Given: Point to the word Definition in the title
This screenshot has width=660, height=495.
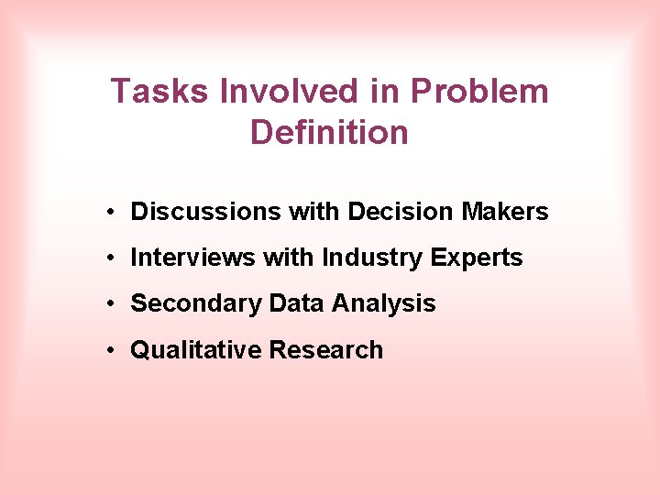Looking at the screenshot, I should tap(329, 132).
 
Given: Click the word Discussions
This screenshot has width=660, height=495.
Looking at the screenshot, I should tap(206, 212).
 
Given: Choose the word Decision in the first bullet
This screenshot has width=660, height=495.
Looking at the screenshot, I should tap(401, 212).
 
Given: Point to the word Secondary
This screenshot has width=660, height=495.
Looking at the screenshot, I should tap(195, 304).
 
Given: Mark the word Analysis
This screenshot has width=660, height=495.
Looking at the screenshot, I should tap(384, 304).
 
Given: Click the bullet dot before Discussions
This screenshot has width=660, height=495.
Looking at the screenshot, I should tap(109, 213).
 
